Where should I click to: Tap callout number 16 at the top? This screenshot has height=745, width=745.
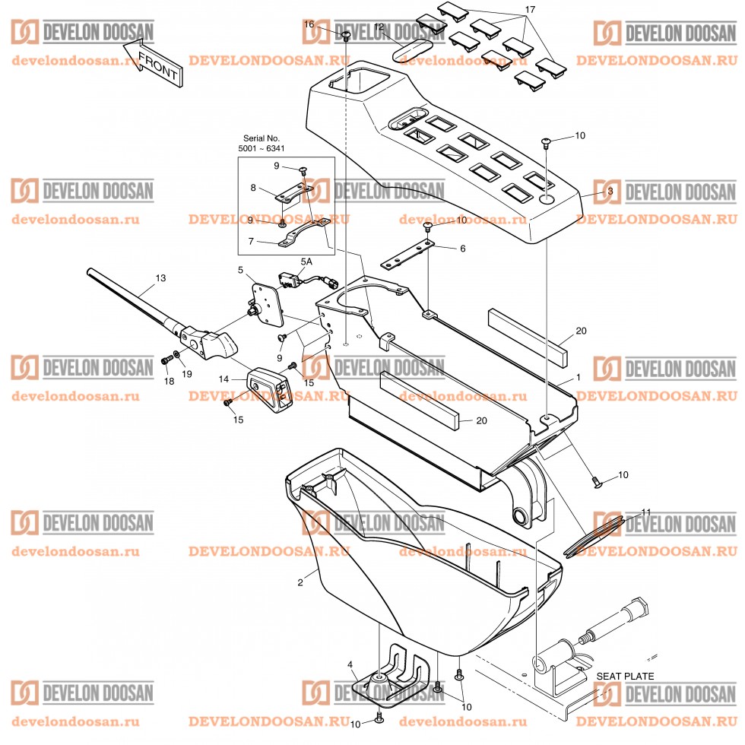point(309,24)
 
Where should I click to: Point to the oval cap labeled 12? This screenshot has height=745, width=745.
point(409,50)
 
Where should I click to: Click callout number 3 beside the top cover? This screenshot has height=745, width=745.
point(610,192)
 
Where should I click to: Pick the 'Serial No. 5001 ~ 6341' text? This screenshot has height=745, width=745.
point(262,143)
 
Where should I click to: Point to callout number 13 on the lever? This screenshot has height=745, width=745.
point(160,278)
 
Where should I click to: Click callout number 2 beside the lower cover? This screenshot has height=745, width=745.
point(300,582)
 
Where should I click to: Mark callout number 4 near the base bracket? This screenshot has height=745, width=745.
point(350,665)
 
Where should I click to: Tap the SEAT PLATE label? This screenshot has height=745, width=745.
point(624,676)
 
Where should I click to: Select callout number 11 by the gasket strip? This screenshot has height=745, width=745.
point(646,512)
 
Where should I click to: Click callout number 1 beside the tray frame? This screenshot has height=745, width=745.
point(578,377)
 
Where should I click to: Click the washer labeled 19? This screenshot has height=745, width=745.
point(176,353)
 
